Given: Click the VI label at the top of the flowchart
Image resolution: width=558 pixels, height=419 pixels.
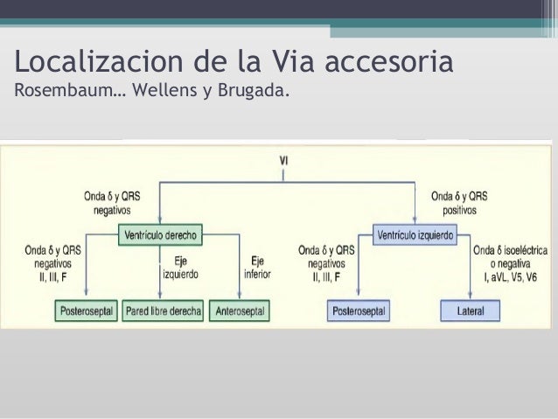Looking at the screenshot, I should [x=283, y=160].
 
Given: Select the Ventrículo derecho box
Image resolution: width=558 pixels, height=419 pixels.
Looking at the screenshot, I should [x=159, y=234].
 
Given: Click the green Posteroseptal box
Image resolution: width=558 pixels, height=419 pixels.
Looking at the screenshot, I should [x=86, y=311].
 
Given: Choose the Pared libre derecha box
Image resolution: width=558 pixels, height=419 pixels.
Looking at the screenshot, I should [x=164, y=311].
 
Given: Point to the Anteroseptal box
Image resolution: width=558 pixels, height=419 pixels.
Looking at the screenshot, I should [x=239, y=311].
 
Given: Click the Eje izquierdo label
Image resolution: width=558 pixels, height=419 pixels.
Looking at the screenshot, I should [x=179, y=267].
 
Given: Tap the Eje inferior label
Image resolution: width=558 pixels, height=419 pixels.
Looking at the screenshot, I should [x=257, y=267].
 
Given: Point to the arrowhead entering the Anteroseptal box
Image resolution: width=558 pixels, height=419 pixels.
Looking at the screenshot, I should [x=239, y=299].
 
